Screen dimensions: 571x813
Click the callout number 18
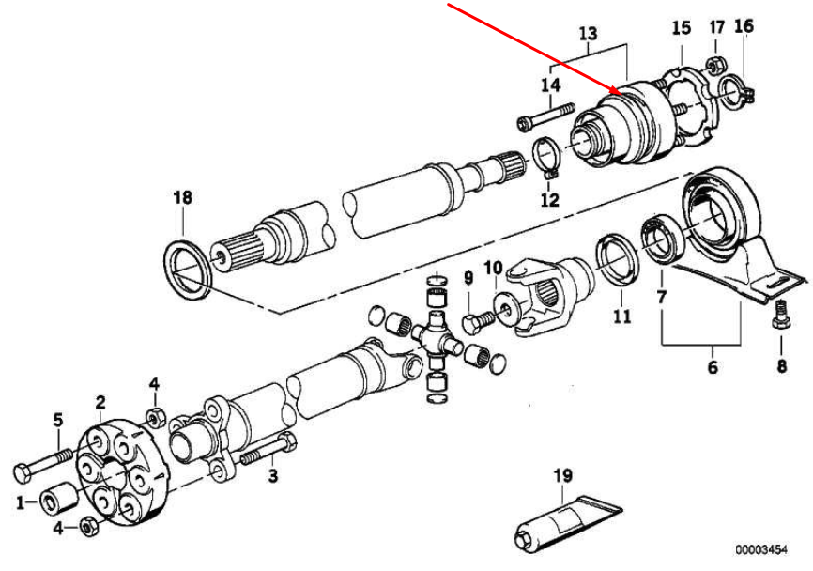point(181,197)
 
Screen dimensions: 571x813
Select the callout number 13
point(588,36)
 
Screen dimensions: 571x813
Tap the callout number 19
point(561,476)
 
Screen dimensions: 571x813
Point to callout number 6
point(713,366)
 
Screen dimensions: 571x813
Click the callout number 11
point(621,316)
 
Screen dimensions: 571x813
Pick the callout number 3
point(272,476)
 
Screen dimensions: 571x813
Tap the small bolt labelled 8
point(778,316)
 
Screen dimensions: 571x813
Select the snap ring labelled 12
point(548,157)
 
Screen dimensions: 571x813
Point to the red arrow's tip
point(616,92)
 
